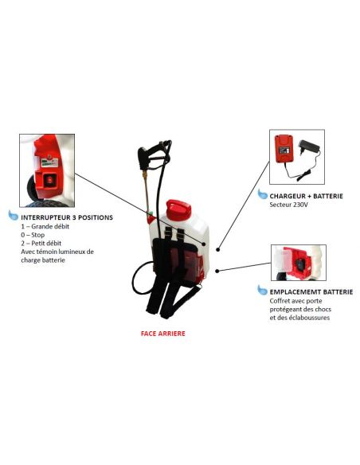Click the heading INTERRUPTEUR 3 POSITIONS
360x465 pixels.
(x=67, y=217)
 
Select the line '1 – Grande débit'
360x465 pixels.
(x=45, y=226)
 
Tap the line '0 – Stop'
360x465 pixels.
(x=33, y=235)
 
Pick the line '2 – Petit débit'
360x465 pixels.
(x=41, y=243)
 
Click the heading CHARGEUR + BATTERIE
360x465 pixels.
(x=306, y=196)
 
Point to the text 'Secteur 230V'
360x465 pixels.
(x=288, y=205)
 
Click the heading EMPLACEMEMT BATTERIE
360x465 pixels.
(x=311, y=292)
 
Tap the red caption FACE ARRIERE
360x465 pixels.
(x=162, y=334)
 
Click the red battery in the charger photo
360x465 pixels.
(x=284, y=149)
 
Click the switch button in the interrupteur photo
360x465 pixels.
(x=50, y=180)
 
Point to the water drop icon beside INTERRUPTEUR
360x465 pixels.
(x=14, y=215)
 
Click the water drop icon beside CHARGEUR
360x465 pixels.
(x=263, y=194)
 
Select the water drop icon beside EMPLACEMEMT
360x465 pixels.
(x=263, y=290)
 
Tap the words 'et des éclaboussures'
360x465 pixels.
(x=299, y=318)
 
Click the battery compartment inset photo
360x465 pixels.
(x=299, y=263)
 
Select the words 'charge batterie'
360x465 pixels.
(x=43, y=260)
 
